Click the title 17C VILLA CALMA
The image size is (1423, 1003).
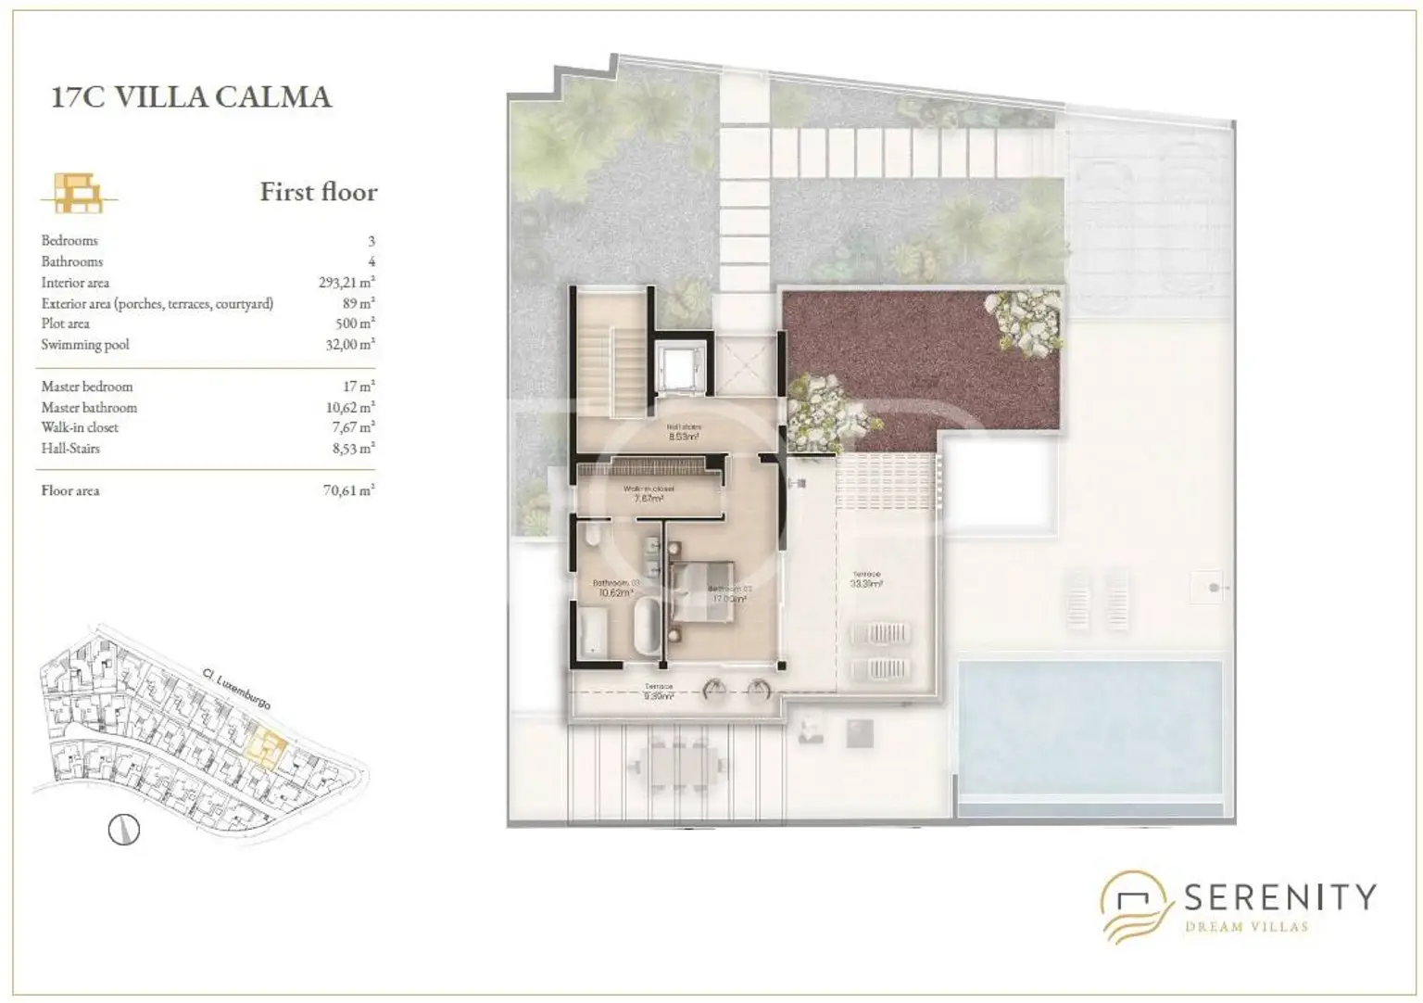click(x=191, y=97)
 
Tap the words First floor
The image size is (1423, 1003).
click(x=319, y=192)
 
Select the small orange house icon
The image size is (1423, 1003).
click(x=78, y=193)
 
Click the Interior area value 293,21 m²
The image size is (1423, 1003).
click(x=346, y=282)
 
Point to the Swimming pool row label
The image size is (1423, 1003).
click(x=85, y=345)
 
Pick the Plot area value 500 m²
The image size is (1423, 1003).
click(x=355, y=324)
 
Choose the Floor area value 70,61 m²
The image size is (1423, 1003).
click(x=348, y=490)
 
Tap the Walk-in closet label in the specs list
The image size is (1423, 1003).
click(x=80, y=427)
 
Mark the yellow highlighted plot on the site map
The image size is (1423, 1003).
click(x=268, y=746)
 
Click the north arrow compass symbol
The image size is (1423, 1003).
click(x=124, y=829)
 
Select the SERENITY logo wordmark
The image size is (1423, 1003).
click(x=1279, y=897)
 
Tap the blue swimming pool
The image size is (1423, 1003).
click(x=1089, y=728)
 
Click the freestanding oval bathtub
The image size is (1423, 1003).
click(x=647, y=623)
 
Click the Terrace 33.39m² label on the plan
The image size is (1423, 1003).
click(x=866, y=579)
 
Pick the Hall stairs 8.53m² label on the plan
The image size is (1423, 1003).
click(x=684, y=432)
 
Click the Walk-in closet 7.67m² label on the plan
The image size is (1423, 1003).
click(x=649, y=494)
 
